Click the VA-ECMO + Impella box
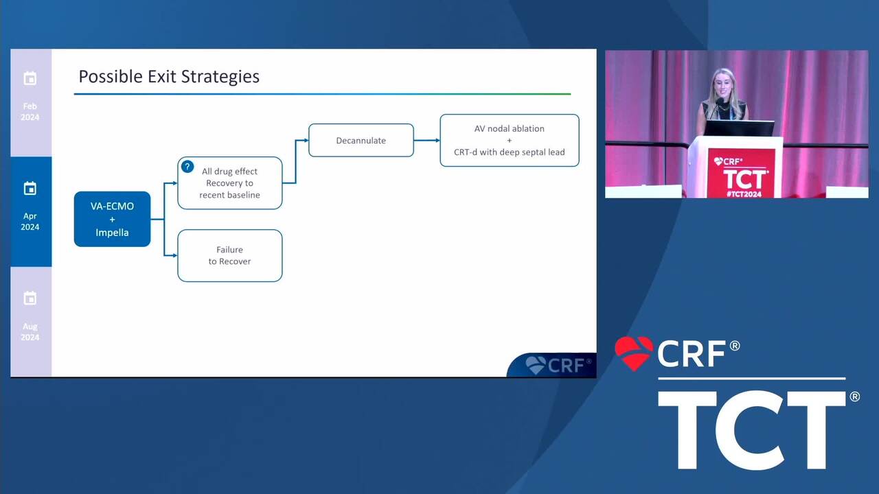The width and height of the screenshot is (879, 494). pos(112,219)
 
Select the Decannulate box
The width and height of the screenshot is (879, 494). pos(361,141)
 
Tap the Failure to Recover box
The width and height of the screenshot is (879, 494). pos(230,256)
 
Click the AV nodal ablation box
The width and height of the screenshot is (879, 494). pos(510,141)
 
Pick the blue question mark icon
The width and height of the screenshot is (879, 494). pos(187,167)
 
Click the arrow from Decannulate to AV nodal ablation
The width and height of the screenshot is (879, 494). pos(427,141)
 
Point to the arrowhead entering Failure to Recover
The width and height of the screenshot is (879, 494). pos(175,256)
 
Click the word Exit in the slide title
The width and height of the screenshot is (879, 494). pos(161,76)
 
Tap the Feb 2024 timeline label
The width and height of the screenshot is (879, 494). pos(30,112)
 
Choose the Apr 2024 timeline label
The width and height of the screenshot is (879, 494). pos(30,222)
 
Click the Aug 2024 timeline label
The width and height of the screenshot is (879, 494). pos(30,331)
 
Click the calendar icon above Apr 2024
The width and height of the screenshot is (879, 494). pos(30,189)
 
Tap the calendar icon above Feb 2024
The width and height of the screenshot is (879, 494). pos(30,78)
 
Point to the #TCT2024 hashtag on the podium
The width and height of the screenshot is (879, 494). pos(744,194)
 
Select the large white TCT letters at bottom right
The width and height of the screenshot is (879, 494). pos(752,430)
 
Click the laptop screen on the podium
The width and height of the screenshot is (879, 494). pos(738,128)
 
